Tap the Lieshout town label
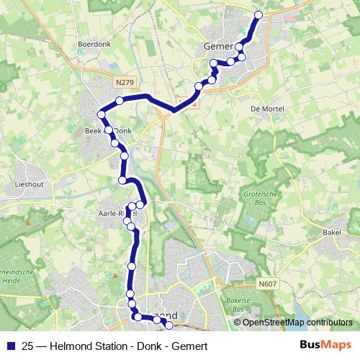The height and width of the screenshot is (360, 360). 30,184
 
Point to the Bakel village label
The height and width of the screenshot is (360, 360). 332,233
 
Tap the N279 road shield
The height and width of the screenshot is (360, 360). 124,83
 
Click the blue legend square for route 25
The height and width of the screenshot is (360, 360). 10,346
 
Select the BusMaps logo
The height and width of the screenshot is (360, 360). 325,345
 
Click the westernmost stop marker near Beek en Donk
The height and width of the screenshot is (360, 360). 101,114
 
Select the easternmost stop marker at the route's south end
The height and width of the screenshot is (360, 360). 170,325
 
